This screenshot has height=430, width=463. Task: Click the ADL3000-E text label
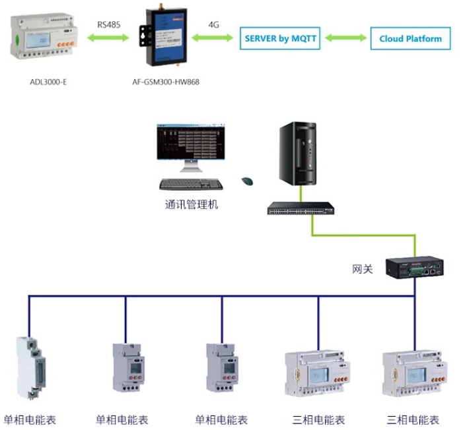click(48, 82)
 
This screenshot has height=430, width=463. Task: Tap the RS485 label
click(110, 25)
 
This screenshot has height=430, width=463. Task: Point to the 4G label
click(213, 25)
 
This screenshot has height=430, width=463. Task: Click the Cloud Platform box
click(410, 38)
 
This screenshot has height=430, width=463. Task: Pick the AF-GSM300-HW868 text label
click(166, 82)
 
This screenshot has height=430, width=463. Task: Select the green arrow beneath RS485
click(110, 39)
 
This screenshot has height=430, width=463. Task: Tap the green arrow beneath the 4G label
click(213, 39)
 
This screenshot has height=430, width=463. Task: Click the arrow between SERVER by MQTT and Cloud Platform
click(345, 38)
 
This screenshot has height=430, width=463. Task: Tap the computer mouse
click(248, 180)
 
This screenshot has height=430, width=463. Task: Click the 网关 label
click(363, 268)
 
